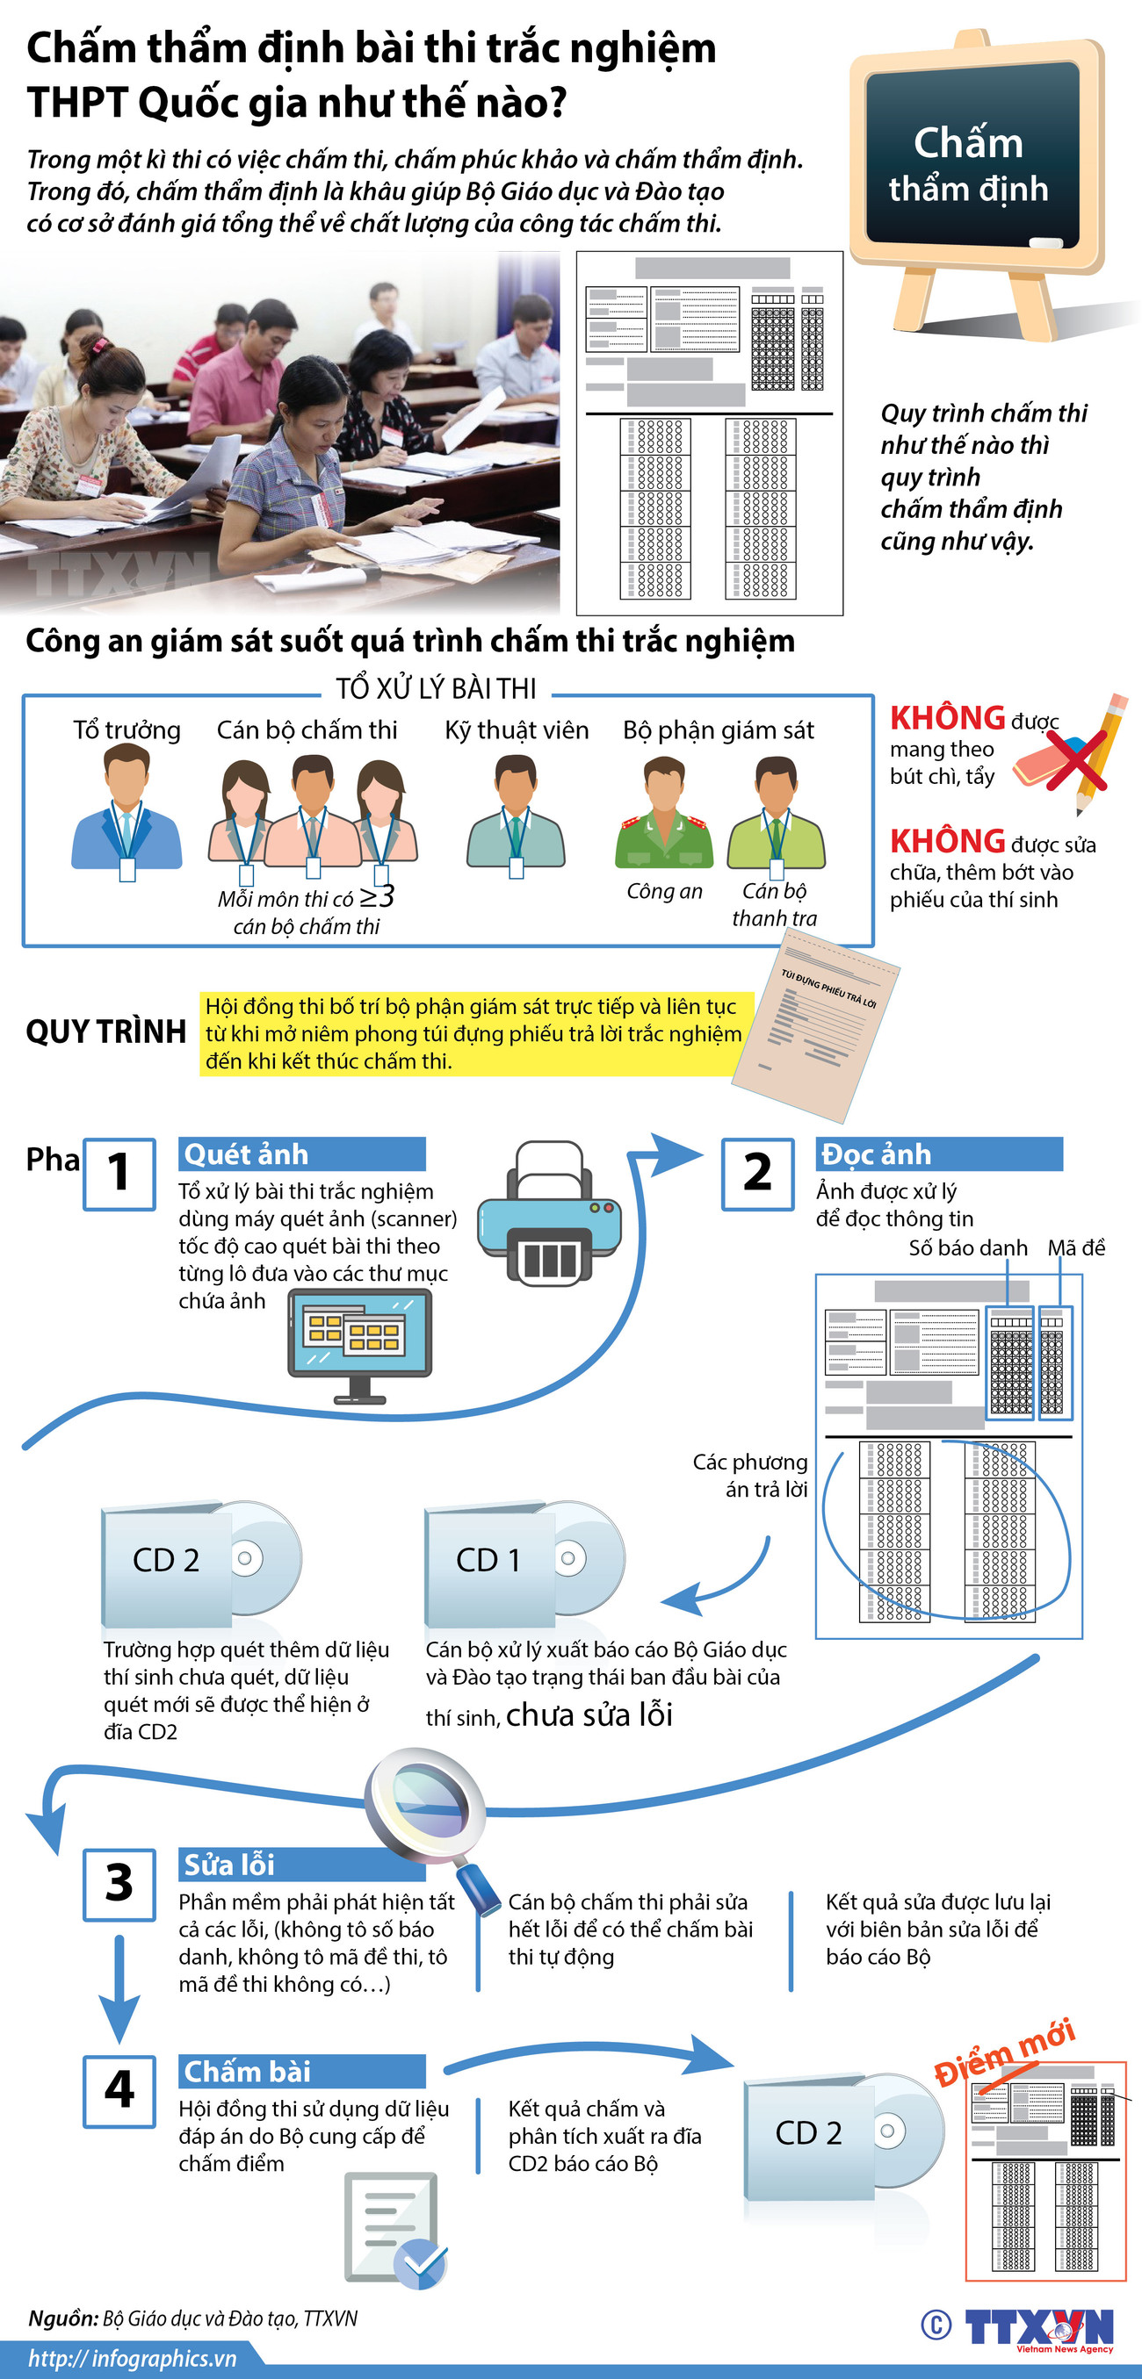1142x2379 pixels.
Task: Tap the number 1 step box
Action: tap(119, 1174)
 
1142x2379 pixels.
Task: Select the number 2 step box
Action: tap(756, 1174)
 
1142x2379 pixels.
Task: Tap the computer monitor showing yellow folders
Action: tap(359, 1345)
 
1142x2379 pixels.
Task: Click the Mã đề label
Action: tap(1075, 1247)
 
